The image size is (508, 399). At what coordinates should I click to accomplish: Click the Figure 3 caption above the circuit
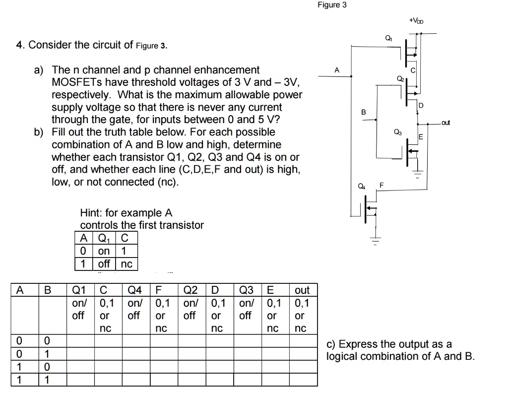pyautogui.click(x=332, y=5)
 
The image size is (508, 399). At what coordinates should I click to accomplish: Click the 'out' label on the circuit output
pyautogui.click(x=445, y=122)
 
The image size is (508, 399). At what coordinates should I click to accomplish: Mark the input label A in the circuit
pyautogui.click(x=337, y=70)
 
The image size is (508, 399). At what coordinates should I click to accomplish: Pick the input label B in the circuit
pyautogui.click(x=363, y=113)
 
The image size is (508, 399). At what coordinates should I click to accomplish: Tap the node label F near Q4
pyautogui.click(x=381, y=185)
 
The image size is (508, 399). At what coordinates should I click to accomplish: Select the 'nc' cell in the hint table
pyautogui.click(x=127, y=264)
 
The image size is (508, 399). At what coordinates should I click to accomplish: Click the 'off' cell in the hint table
pyautogui.click(x=104, y=264)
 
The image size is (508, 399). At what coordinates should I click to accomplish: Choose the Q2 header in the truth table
pyautogui.click(x=190, y=290)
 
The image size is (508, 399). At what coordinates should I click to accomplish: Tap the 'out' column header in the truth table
pyautogui.click(x=302, y=290)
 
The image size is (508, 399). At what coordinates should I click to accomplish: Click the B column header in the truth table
pyautogui.click(x=48, y=290)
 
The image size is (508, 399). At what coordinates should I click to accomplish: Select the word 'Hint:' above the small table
pyautogui.click(x=92, y=213)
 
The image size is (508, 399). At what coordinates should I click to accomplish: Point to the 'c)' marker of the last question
pyautogui.click(x=331, y=344)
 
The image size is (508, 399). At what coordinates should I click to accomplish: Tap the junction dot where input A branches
pyautogui.click(x=352, y=76)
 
